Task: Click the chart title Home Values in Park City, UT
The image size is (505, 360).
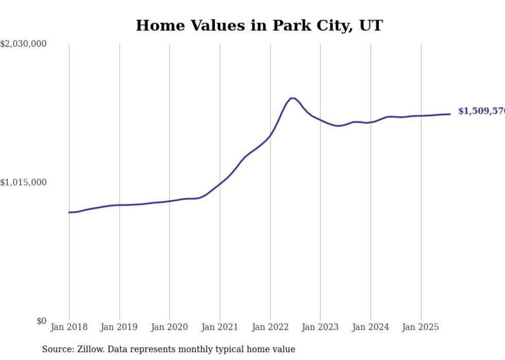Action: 259,26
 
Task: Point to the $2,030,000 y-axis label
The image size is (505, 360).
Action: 24,44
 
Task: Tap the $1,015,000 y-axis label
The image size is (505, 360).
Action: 24,182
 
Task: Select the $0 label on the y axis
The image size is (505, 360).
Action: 41,321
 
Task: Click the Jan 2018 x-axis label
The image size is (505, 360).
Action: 69,327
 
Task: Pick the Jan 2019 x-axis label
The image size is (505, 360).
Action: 120,327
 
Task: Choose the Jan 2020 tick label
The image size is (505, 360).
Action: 170,327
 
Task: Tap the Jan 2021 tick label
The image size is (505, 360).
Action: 220,327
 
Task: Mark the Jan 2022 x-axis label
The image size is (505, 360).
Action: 270,327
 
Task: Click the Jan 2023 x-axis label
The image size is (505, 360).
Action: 320,327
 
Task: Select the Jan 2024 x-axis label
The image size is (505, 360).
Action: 371,327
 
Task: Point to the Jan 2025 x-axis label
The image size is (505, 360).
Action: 420,327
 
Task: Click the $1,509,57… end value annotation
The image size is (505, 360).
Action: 481,111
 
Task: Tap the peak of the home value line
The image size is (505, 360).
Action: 292,98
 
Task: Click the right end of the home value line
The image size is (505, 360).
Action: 450,114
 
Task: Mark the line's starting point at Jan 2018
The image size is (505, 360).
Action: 69,212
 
